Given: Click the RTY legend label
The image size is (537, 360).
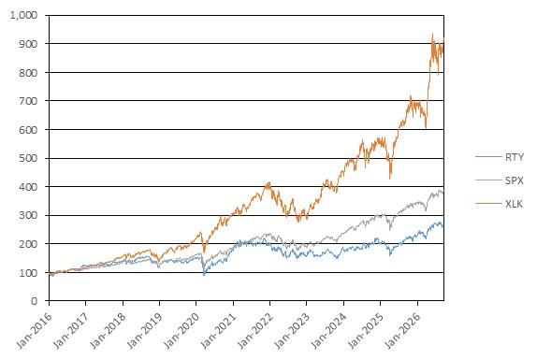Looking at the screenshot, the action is [x=515, y=157].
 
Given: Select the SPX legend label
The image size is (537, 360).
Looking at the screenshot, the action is [x=515, y=180].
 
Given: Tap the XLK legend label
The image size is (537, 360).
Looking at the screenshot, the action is [x=514, y=204].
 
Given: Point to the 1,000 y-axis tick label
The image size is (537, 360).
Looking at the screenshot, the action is [x=23, y=15].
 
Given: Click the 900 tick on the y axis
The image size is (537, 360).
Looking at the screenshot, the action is [x=28, y=44].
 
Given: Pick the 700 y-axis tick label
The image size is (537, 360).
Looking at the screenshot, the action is [x=28, y=101].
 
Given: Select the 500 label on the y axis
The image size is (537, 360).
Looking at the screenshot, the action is [x=28, y=158].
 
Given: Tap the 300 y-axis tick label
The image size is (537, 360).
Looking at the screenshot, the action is [x=28, y=215].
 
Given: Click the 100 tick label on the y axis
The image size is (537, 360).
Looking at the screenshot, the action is [x=28, y=273].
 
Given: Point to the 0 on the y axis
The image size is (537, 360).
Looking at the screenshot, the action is [x=35, y=301].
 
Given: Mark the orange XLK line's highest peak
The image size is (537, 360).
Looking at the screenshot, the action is [x=432, y=34].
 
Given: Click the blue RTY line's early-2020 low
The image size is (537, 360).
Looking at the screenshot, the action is [x=204, y=275].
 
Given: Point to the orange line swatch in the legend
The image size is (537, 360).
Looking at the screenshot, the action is [x=488, y=204].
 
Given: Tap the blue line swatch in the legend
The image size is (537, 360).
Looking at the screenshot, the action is [x=488, y=157].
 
